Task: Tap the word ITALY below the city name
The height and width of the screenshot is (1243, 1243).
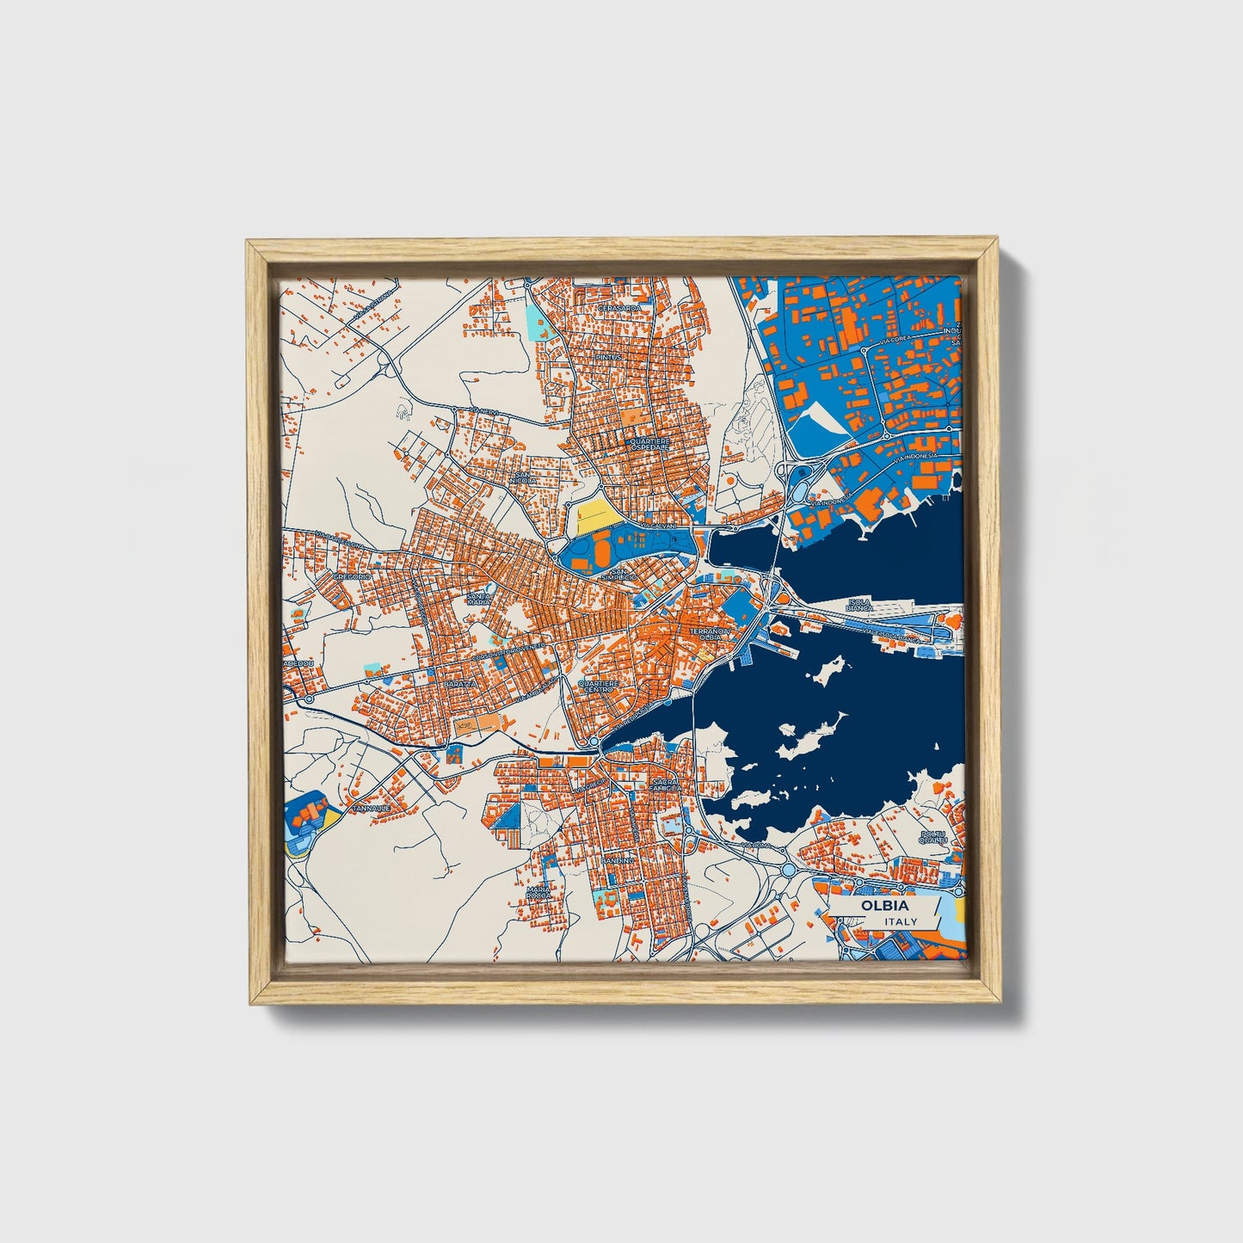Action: click(x=901, y=921)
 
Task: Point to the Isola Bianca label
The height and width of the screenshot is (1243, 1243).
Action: click(x=859, y=604)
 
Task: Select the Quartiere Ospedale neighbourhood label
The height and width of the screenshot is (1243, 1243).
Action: click(x=650, y=445)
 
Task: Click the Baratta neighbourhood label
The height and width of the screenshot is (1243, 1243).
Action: click(x=459, y=683)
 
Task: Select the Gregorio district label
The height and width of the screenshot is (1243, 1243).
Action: click(x=351, y=575)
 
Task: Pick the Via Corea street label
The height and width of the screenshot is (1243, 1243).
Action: click(x=895, y=341)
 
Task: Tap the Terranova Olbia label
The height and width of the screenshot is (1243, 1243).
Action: click(x=709, y=634)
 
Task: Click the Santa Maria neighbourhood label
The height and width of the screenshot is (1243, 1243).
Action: click(x=479, y=599)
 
